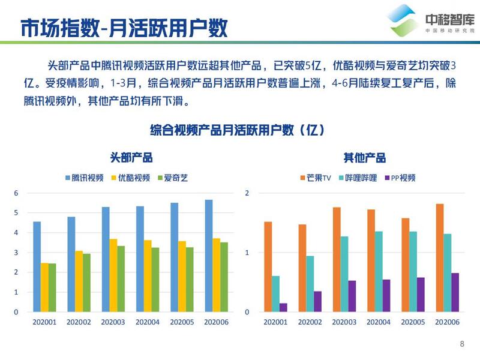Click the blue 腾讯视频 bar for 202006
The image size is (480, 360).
click(209, 256)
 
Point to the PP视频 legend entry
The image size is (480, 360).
click(400, 178)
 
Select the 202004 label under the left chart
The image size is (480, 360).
click(148, 322)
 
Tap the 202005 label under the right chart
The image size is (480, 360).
click(413, 322)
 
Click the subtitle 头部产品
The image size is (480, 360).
click(131, 158)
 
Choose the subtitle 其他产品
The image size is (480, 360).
click(364, 158)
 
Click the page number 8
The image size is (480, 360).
click(462, 344)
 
